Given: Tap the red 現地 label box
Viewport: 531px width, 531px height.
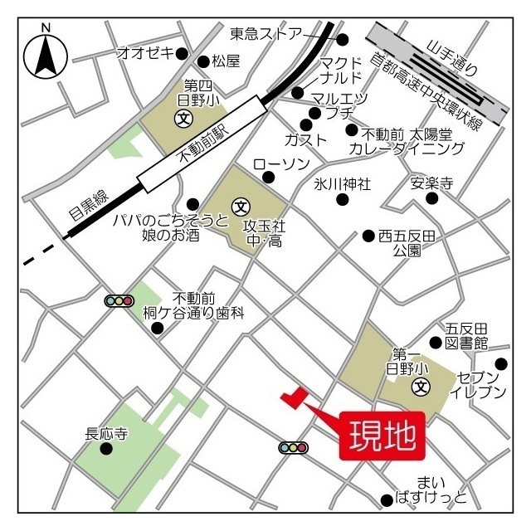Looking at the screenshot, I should tap(382, 435).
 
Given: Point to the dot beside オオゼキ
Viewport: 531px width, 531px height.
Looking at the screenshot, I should tap(183, 52).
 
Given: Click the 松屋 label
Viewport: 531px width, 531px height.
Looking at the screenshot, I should tap(225, 61).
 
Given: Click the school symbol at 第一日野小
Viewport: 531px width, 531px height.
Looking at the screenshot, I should tap(421, 386).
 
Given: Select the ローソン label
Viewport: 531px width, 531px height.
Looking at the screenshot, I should tap(280, 163).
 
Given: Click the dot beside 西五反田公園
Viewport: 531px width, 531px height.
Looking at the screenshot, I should tap(368, 236).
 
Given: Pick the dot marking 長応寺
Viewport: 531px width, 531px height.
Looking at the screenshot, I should tap(106, 449).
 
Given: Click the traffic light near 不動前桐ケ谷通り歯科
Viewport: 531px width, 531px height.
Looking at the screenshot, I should tap(120, 301).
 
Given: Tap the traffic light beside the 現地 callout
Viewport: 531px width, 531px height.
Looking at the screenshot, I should tap(294, 448).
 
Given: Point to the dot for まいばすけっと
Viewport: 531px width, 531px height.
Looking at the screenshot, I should tap(386, 499).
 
